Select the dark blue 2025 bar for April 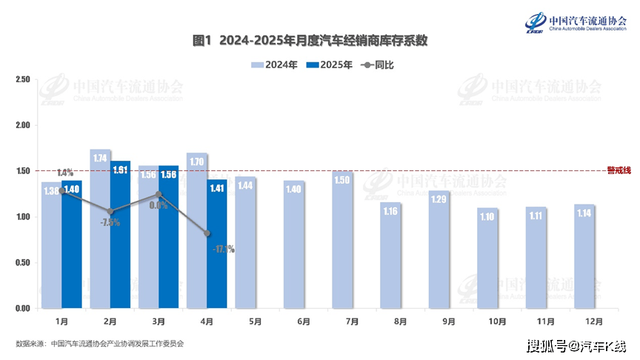pyautogui.click(x=216, y=244)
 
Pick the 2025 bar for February pyautogui.click(x=120, y=234)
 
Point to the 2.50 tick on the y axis pyautogui.click(x=22, y=80)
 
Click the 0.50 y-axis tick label pyautogui.click(x=22, y=263)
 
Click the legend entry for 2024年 pyautogui.click(x=275, y=65)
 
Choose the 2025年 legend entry pyautogui.click(x=330, y=65)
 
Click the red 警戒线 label pyautogui.click(x=619, y=170)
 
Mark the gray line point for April pyautogui.click(x=207, y=233)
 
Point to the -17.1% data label pyautogui.click(x=223, y=250)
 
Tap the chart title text pyautogui.click(x=310, y=41)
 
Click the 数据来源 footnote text pyautogui.click(x=99, y=344)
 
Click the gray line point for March pyautogui.click(x=159, y=195)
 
